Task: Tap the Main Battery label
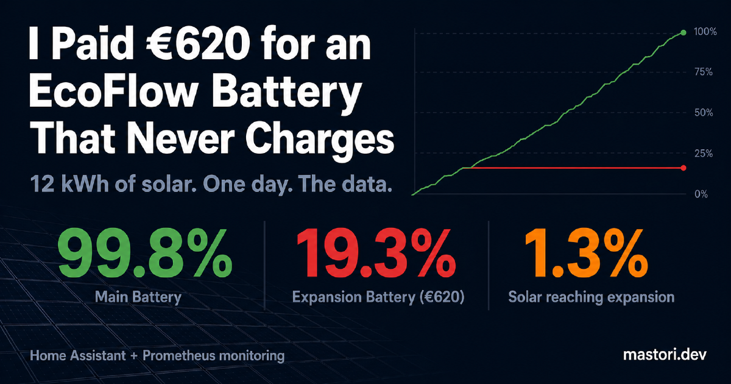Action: pos(138,297)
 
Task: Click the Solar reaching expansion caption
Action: pos(591,297)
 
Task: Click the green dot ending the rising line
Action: pos(683,32)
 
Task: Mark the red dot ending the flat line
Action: pos(683,168)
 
